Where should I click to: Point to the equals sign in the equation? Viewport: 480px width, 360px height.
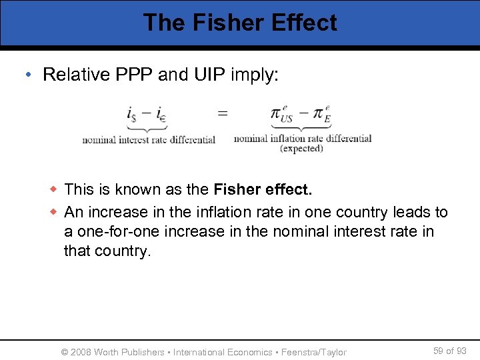pos(223,113)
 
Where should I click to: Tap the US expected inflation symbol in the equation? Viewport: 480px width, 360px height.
pos(283,114)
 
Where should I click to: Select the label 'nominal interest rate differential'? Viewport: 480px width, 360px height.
pos(149,140)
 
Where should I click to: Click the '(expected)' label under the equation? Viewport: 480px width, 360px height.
pos(301,149)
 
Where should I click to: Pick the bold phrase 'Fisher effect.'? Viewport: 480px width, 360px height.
pos(263,189)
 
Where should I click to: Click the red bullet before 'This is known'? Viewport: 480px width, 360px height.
pos(55,189)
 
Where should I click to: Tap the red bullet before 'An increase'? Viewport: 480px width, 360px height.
pos(55,212)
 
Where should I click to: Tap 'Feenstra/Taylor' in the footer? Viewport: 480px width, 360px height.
pos(314,352)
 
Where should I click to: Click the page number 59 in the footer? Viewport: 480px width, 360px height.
pos(438,351)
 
